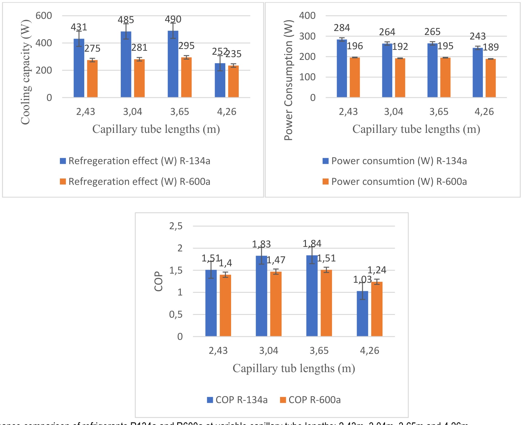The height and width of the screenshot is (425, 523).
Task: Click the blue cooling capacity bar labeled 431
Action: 79,68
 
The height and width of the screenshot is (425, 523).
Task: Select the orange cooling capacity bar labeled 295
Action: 186,78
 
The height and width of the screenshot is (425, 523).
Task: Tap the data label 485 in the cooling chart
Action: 126,20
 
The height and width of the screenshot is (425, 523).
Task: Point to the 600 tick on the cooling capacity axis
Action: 44,16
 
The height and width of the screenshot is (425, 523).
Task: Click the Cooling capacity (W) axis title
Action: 26,72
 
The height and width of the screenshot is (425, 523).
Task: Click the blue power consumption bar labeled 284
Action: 342,68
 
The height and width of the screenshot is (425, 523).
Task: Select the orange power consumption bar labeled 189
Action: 490,78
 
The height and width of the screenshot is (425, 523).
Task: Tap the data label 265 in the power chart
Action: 432,32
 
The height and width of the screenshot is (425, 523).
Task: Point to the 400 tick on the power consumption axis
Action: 307,16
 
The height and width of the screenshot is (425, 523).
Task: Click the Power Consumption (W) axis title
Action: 288,80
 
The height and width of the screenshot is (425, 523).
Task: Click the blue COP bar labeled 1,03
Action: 362,314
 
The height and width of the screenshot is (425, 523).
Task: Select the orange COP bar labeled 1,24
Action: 377,309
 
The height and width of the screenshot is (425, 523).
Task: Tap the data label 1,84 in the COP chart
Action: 312,244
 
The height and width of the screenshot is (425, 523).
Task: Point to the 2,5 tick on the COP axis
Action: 176,226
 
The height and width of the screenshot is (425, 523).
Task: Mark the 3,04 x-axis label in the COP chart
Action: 268,351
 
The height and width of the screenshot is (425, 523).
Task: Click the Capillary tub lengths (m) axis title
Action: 294,368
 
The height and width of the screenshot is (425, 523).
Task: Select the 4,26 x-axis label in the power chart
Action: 484,112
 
